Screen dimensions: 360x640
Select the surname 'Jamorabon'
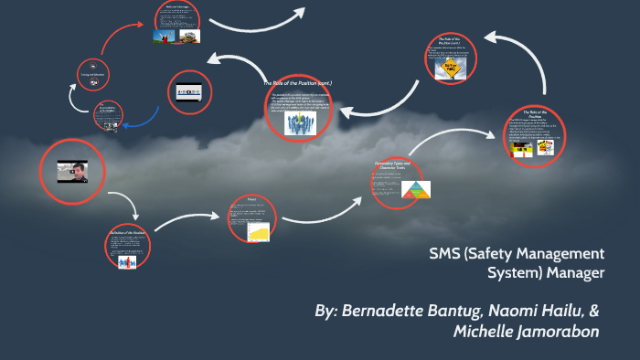click(560, 332)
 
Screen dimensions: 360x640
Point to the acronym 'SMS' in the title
click(448, 253)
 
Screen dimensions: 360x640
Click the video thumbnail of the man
click(74, 171)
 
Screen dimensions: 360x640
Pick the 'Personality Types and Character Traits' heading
click(396, 164)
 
